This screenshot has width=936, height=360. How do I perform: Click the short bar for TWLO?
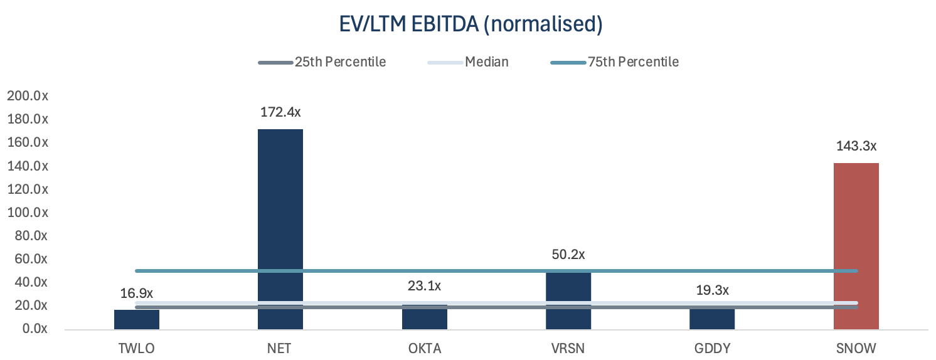(137, 319)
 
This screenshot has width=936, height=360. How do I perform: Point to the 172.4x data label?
(280, 113)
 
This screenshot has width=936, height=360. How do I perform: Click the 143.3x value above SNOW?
(856, 146)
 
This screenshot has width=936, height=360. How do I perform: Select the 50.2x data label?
(568, 255)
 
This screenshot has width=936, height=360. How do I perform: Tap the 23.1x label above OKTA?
(425, 286)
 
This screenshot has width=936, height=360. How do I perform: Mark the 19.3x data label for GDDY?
(712, 290)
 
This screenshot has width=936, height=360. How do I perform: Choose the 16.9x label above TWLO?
(137, 294)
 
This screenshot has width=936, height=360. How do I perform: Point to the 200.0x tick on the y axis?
(28, 96)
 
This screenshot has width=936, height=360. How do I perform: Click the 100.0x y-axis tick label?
(28, 213)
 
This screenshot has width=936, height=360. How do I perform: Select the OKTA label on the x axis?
(425, 349)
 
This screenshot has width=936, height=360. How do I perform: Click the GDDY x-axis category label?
(712, 349)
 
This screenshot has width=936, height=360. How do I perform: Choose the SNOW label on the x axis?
(856, 349)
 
